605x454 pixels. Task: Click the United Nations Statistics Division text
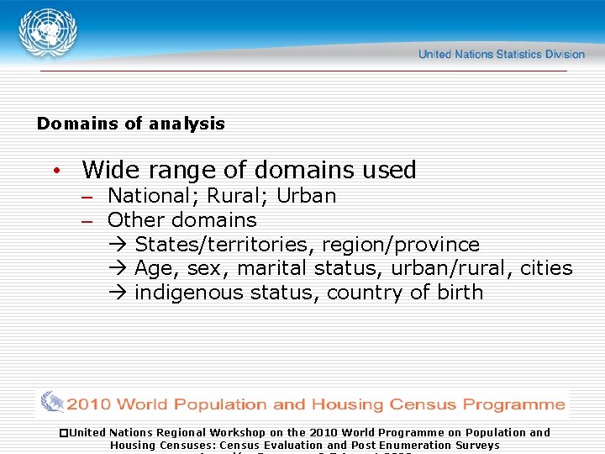(501, 54)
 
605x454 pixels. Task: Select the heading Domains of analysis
(131, 124)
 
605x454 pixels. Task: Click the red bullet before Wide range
(55, 171)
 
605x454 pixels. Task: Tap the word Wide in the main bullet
(110, 170)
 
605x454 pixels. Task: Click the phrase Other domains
(181, 220)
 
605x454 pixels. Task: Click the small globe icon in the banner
(52, 403)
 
